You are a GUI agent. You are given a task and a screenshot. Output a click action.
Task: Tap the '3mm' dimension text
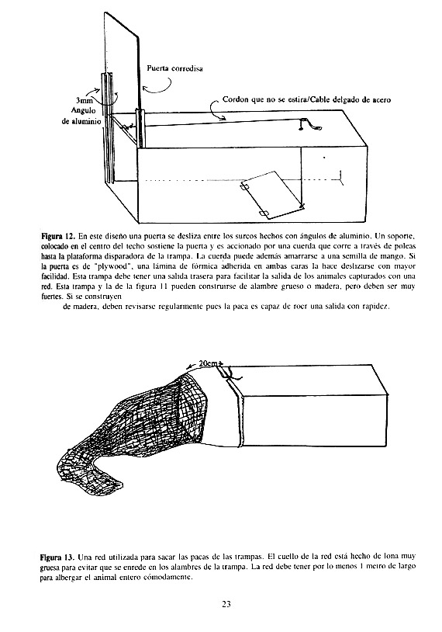point(85,102)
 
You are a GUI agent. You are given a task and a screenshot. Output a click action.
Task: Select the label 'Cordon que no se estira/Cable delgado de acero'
point(306,99)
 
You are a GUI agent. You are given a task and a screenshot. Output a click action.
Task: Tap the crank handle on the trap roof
point(310,124)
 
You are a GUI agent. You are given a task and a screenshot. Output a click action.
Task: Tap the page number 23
point(226,604)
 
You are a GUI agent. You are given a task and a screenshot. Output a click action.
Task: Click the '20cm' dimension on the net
point(207,363)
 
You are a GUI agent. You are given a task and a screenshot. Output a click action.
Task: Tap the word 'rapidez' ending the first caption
point(375,307)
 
